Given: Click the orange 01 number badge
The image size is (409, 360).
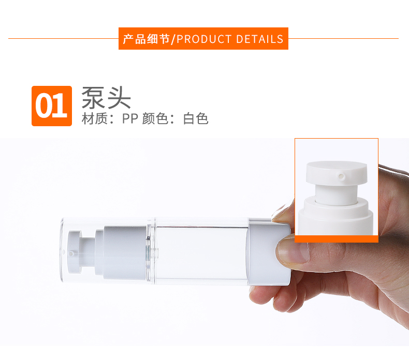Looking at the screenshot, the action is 52,106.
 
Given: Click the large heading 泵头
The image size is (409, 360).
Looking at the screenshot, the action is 106,97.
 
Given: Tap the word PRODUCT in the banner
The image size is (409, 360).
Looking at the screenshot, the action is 204,39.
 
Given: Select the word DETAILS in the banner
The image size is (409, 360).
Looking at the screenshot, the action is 259,39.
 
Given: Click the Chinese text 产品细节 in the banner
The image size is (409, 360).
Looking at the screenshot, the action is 147,39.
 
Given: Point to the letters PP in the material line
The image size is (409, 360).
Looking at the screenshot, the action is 130,118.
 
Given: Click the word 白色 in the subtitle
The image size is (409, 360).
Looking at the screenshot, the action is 196,118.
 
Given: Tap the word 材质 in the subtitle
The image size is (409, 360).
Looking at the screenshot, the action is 94,118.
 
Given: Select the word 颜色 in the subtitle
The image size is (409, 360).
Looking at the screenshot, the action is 155,118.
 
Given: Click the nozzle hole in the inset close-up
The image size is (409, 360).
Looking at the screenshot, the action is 341,176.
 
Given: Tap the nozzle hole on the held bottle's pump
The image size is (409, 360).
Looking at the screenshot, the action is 71,252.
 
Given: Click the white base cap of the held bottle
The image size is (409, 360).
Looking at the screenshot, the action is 269,256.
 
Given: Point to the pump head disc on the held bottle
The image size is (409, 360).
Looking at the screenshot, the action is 74,252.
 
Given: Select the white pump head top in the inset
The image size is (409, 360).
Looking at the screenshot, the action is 337,173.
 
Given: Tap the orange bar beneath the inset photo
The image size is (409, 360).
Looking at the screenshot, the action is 337,239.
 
